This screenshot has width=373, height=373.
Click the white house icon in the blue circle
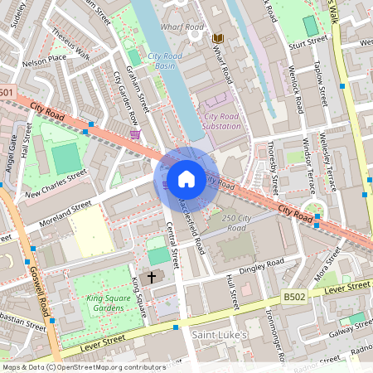pyautogui.click(x=186, y=178)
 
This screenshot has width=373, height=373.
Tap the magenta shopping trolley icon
pyautogui.click(x=135, y=134)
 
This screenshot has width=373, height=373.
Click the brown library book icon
pyautogui.click(x=218, y=39)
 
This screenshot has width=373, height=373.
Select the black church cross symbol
pyautogui.click(x=152, y=277)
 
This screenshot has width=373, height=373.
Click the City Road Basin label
pyautogui.click(x=166, y=61)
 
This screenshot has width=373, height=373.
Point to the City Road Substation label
pyautogui.click(x=222, y=121)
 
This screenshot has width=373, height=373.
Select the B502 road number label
pyautogui.click(x=294, y=295)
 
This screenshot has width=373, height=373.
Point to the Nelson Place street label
pyautogui.click(x=44, y=61)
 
